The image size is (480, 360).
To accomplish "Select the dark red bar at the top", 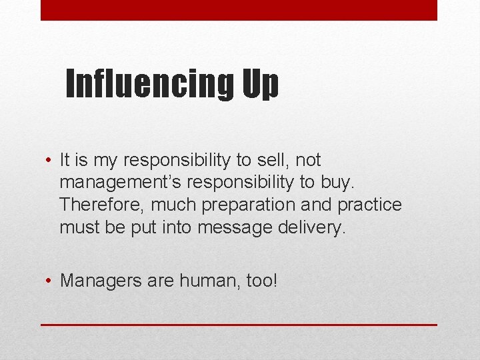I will pyautogui.click(x=239, y=10).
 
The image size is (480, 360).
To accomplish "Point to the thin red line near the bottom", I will pyautogui.click(x=239, y=325).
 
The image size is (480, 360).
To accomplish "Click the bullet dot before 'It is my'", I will pyautogui.click(x=49, y=161).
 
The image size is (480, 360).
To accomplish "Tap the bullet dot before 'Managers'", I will pyautogui.click(x=49, y=281).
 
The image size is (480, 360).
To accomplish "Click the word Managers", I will pyautogui.click(x=96, y=281).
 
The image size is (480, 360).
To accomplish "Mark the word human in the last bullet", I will pyautogui.click(x=204, y=281).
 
